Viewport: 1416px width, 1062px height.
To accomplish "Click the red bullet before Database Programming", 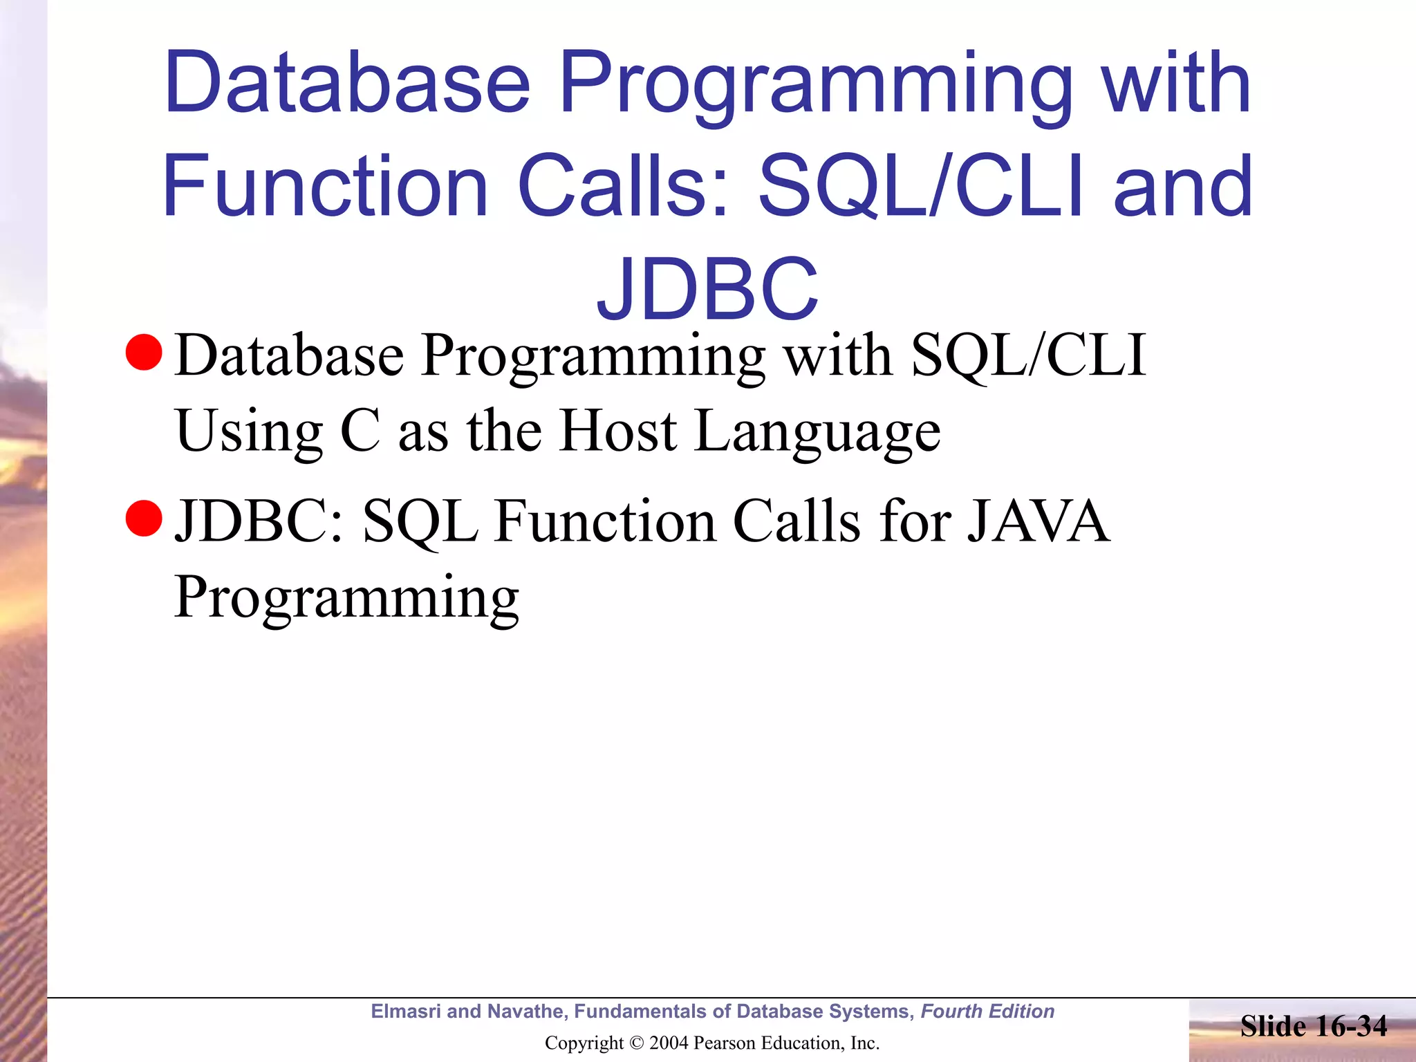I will (x=144, y=353).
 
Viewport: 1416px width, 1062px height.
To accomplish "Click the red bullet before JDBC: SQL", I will (x=144, y=519).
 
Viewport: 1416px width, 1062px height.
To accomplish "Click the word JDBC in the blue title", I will (x=707, y=289).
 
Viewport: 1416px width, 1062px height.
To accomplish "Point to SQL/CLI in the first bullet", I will (x=1028, y=355).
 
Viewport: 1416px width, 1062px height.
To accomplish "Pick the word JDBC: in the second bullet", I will (x=259, y=521).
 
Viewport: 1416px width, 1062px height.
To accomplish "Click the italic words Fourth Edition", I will (x=987, y=1012).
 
